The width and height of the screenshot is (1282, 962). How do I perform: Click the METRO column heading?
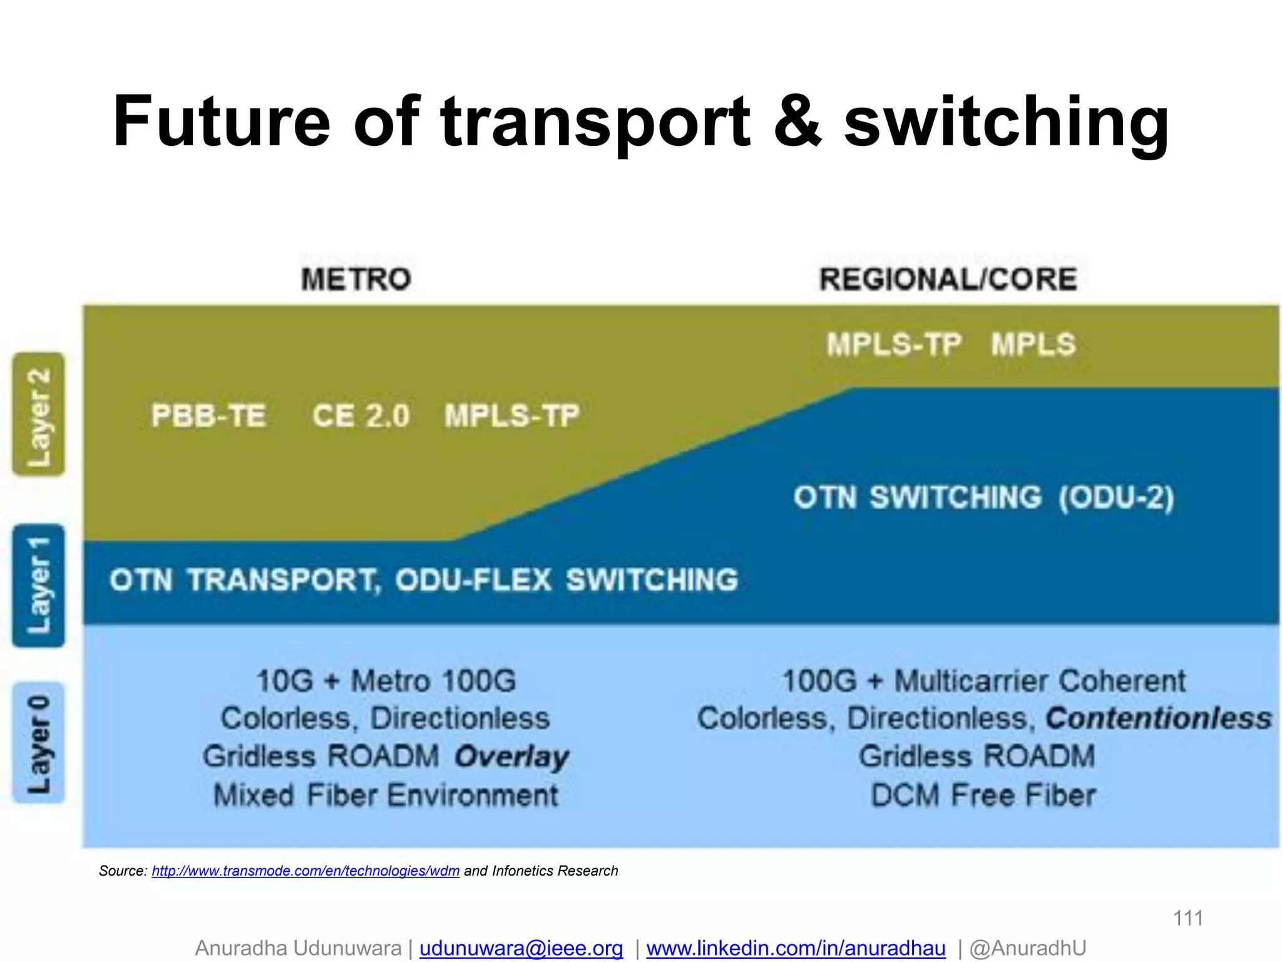(356, 279)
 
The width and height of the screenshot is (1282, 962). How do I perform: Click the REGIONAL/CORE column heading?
(948, 279)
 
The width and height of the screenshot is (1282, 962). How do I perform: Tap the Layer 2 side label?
(39, 415)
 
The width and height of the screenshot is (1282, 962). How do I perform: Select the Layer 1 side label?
(39, 586)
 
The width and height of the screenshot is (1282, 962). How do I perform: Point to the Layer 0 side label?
(39, 743)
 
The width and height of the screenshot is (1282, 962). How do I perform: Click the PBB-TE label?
(208, 416)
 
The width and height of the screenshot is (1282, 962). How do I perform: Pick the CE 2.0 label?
(361, 416)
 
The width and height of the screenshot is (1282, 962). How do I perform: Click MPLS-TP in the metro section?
(512, 416)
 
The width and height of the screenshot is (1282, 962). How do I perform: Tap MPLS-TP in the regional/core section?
(893, 344)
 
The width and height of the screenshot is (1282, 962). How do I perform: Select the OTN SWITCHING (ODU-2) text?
(983, 498)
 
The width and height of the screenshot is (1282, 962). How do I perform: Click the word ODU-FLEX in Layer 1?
(473, 580)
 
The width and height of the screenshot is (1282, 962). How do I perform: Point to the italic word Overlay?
(511, 757)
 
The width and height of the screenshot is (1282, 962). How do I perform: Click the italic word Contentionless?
(1159, 718)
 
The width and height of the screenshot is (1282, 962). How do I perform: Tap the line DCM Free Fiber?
(983, 795)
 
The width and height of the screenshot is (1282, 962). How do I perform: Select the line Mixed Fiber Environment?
(386, 795)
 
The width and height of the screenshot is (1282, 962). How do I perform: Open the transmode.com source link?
(305, 871)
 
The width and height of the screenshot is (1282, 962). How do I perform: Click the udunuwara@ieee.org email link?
(521, 948)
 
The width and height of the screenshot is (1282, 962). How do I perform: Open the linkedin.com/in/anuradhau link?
(796, 948)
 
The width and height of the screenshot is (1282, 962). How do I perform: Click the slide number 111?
(1187, 918)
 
